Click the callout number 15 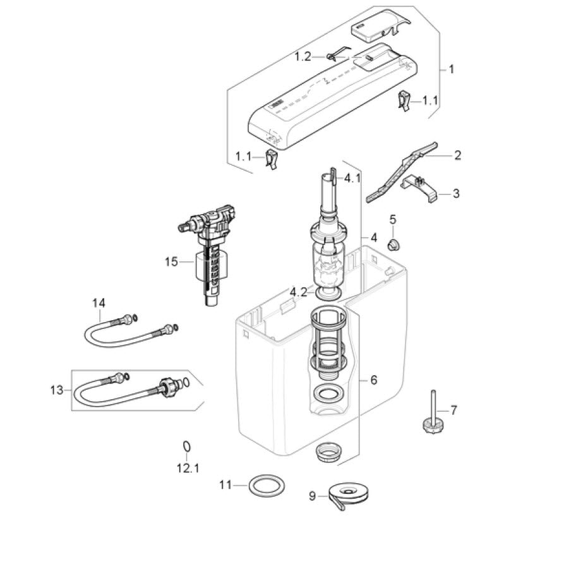pos(171,262)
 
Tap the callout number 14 pos(99,303)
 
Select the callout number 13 pos(57,390)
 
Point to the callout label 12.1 pos(188,469)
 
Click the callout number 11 pos(225,485)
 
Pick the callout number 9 pos(312,496)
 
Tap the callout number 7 pos(453,410)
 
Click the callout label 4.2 pos(299,292)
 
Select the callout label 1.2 pos(303,56)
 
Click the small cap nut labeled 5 pos(394,245)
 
